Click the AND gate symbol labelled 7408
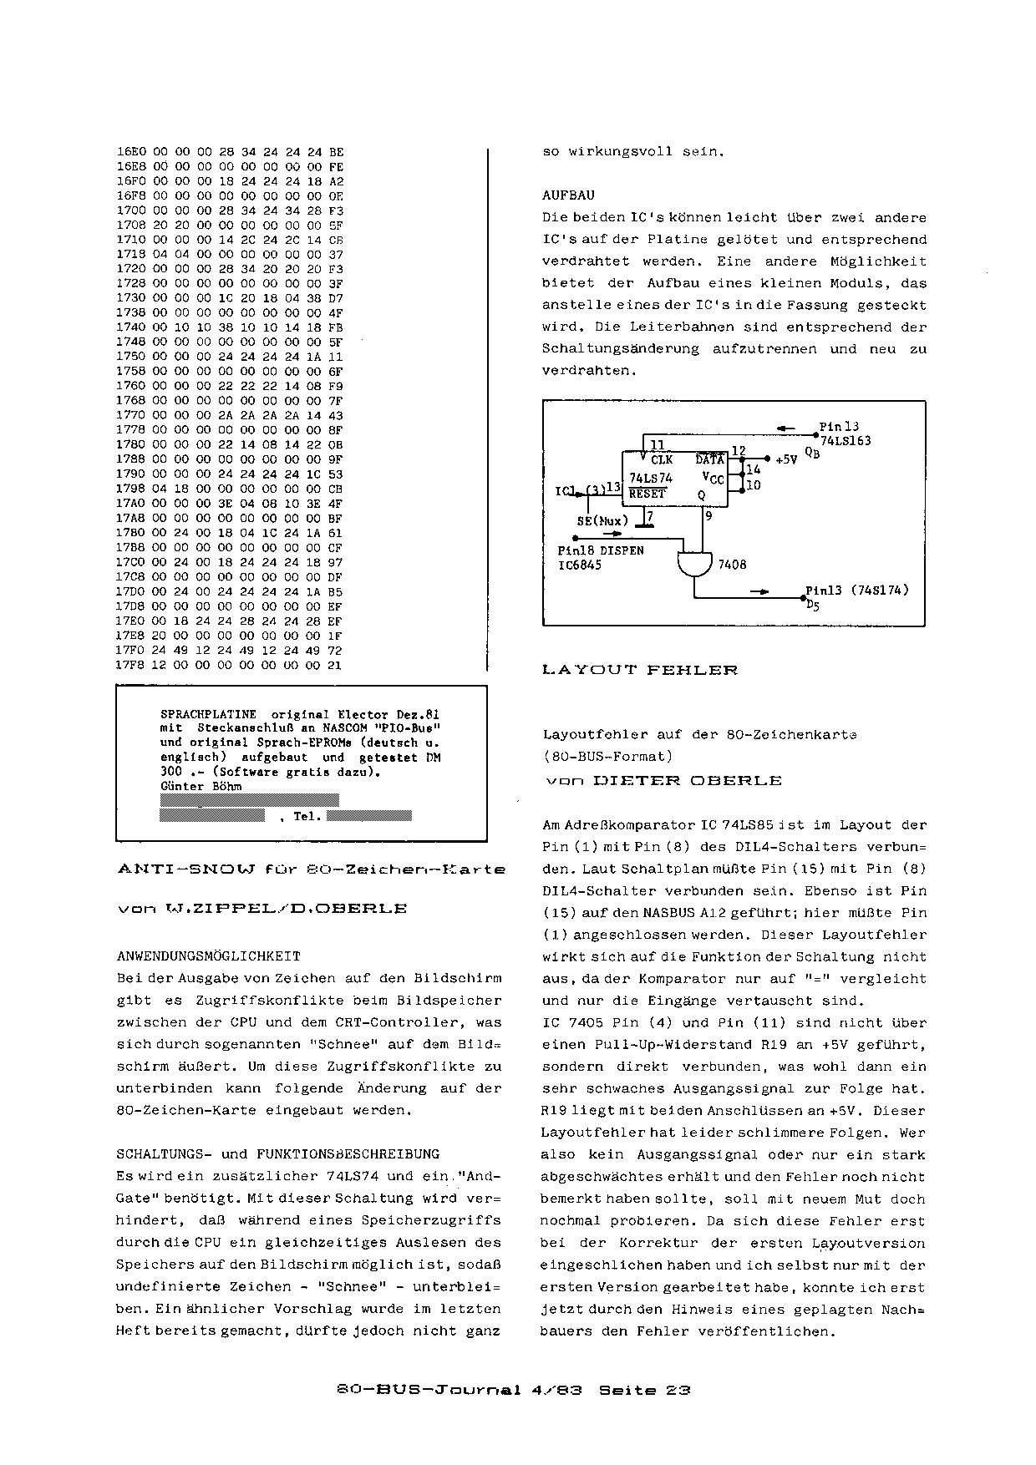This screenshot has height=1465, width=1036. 694,565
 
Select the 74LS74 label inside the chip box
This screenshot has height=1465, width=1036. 651,478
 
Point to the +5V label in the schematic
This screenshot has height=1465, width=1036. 787,459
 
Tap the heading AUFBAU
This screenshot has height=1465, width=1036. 568,195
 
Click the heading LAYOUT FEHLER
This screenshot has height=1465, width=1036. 640,670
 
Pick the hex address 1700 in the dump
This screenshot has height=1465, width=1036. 131,210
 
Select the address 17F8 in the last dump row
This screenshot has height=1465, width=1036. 131,665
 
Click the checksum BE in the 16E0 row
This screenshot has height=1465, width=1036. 336,152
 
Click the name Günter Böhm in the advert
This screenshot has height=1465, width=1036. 201,786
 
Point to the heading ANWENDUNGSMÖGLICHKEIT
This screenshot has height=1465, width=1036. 208,956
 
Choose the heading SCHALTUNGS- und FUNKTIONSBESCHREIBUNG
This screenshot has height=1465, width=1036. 277,1154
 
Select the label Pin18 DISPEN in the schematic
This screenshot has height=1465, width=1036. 600,551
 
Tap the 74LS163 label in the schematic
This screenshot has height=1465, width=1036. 846,440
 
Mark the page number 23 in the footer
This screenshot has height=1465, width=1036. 678,1391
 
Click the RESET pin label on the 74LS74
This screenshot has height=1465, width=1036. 647,494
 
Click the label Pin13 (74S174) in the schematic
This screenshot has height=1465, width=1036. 857,590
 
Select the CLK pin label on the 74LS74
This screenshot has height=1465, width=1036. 662,459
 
